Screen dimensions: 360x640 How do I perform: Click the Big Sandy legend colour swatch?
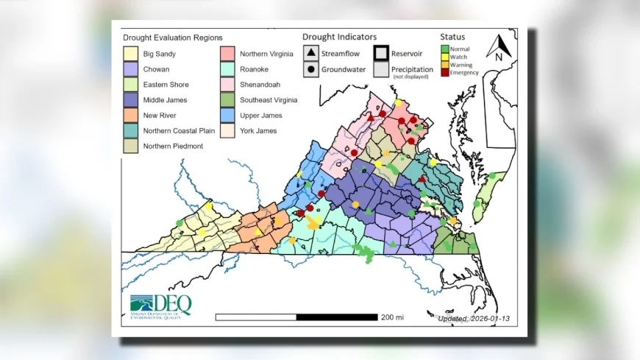point(131,53)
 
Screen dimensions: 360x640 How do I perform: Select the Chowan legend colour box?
point(131,68)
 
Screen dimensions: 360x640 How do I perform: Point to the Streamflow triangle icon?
point(311,54)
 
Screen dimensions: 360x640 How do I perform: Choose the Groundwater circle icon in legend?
point(311,69)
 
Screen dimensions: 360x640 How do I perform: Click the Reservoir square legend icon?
point(381,54)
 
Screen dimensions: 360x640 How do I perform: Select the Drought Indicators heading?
point(339,36)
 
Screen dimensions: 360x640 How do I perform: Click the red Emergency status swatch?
point(444,72)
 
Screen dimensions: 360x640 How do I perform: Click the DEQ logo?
point(160,304)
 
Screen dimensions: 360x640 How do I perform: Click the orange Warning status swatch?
point(444,65)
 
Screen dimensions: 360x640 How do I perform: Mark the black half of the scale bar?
point(337,317)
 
